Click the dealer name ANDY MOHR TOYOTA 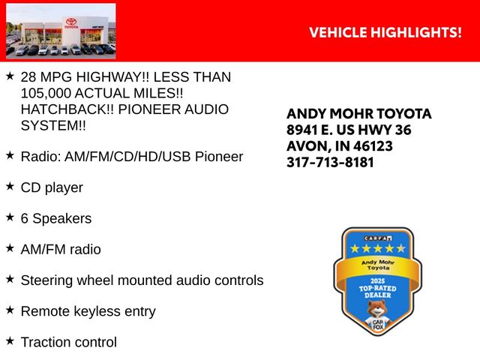pyautogui.click(x=359, y=114)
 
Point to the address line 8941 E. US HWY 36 pyautogui.click(x=349, y=130)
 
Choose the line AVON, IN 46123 pyautogui.click(x=339, y=146)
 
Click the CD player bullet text pyautogui.click(x=52, y=187)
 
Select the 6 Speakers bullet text pyautogui.click(x=56, y=218)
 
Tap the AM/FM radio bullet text pyautogui.click(x=61, y=249)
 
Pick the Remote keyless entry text pyautogui.click(x=88, y=310)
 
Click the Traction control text pyautogui.click(x=69, y=342)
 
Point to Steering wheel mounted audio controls pyautogui.click(x=142, y=280)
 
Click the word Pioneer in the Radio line pyautogui.click(x=218, y=157)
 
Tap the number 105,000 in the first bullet pyautogui.click(x=49, y=93)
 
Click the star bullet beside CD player pyautogui.click(x=10, y=186)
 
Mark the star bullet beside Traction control pyautogui.click(x=10, y=340)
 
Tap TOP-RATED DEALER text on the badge pyautogui.click(x=373, y=291)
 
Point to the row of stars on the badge pyautogui.click(x=373, y=247)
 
